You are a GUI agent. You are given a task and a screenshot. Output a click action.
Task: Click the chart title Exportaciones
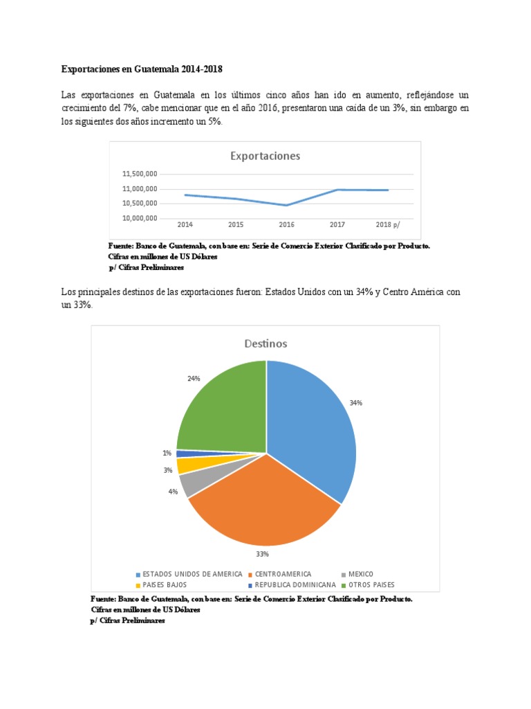coord(265,156)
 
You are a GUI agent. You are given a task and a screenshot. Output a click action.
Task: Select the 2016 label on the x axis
coord(286,225)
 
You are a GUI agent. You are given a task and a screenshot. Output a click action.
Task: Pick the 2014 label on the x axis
coord(185,225)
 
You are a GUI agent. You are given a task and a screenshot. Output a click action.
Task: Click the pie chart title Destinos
coord(265,343)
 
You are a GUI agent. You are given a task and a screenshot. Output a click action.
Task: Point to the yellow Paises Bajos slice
coord(183,465)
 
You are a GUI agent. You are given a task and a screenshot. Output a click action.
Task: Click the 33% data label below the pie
coord(262,554)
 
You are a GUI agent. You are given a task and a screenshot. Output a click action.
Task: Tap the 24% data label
coord(194,379)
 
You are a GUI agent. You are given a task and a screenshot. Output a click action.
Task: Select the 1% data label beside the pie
coord(167,454)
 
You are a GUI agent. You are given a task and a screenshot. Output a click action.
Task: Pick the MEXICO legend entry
coord(360,574)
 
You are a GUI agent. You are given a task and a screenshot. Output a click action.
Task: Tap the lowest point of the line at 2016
coord(286,205)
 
